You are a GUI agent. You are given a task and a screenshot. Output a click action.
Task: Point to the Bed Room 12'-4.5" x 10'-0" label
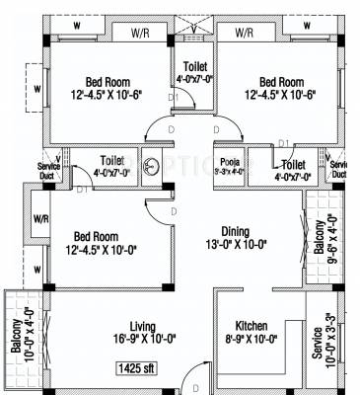point(95,244)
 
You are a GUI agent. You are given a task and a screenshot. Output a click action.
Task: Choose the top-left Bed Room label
point(106,88)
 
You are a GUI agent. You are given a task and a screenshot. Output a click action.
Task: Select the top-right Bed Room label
point(281,88)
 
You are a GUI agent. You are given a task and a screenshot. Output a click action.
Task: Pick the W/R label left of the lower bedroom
point(41,218)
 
